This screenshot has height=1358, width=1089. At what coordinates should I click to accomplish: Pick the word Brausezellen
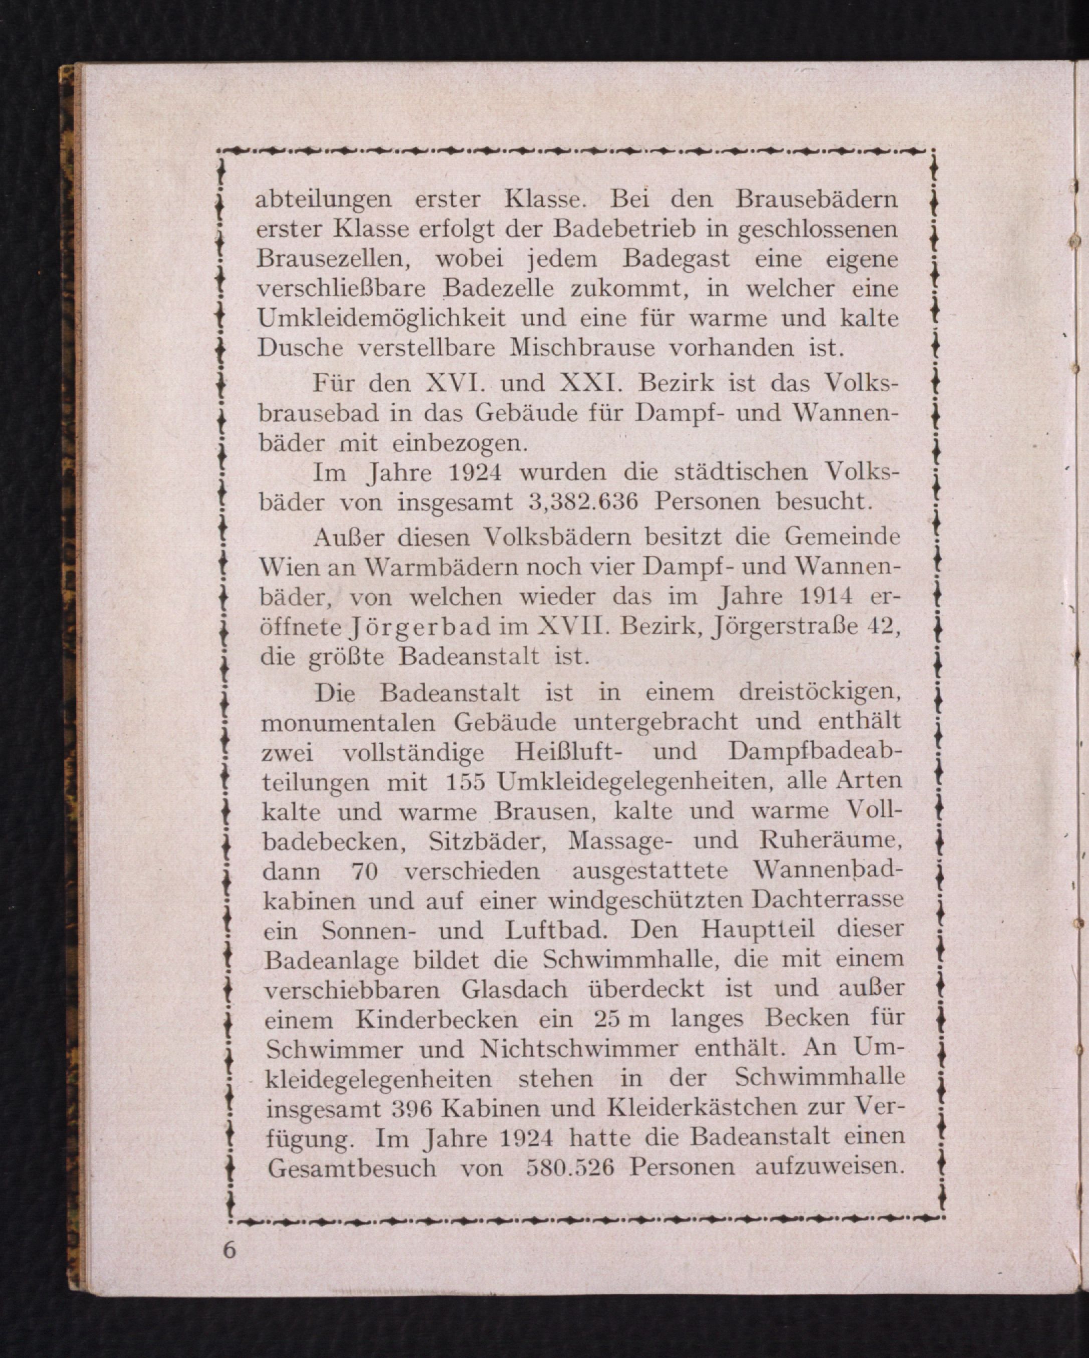click(339, 259)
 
